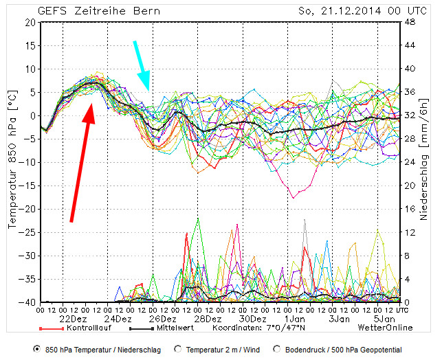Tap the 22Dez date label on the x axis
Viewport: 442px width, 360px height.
tap(73, 319)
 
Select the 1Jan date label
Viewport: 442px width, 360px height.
tap(297, 319)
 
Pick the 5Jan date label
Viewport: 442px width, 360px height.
tap(384, 319)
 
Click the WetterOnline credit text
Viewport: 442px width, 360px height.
tap(385, 328)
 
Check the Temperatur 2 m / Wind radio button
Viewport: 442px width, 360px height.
tap(178, 349)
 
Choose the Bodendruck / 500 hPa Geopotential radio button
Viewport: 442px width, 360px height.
tap(277, 349)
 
